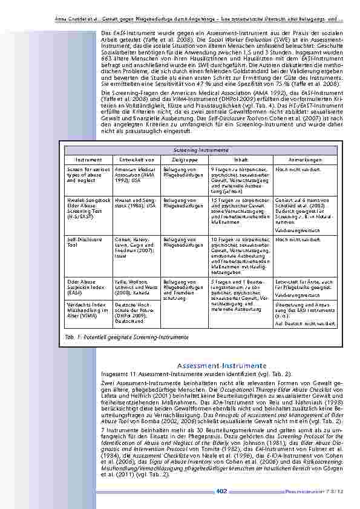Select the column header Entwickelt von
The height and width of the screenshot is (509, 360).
click(x=134, y=160)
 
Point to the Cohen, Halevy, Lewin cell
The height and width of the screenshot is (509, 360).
click(x=134, y=246)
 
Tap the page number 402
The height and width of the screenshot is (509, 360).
click(x=221, y=491)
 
